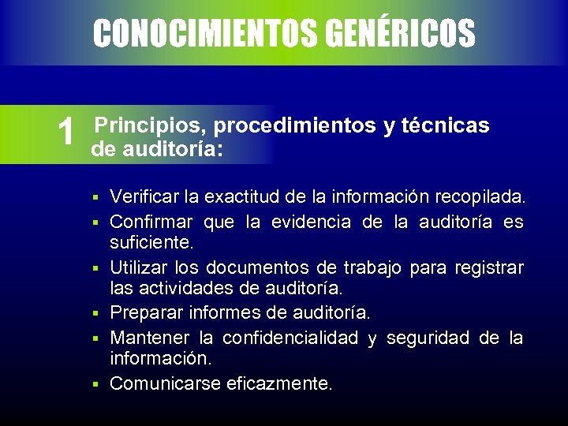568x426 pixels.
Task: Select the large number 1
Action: point(67,132)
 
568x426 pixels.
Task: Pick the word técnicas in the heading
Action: point(446,125)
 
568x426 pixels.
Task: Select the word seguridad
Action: point(426,338)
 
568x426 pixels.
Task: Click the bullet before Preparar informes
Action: point(94,314)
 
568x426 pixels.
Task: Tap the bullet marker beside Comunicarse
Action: point(94,384)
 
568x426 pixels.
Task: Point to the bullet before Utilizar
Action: point(94,270)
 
